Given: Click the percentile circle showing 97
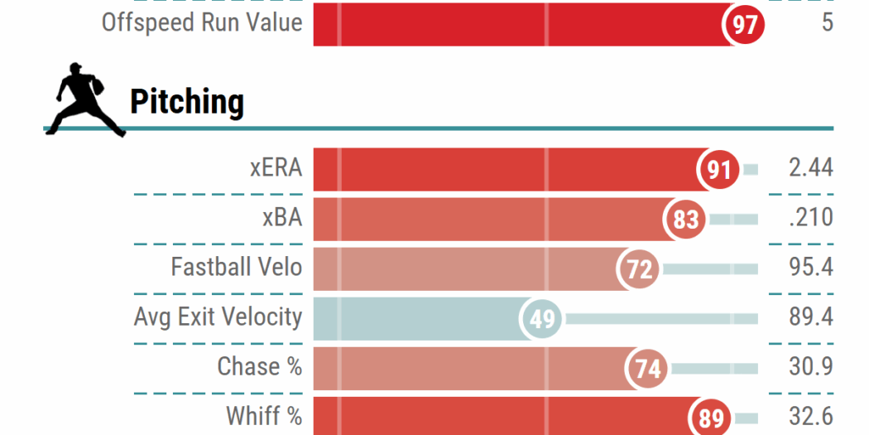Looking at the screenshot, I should (x=744, y=24).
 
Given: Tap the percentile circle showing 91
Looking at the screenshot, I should (x=718, y=169).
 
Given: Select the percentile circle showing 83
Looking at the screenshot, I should (x=685, y=220).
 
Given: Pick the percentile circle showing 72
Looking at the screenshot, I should (x=639, y=268).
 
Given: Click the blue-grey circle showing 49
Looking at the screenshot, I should (x=541, y=318).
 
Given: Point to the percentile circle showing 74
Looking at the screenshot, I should (x=648, y=368).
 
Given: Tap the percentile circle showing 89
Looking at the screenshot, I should (x=711, y=417).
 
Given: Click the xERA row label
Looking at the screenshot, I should (x=276, y=168).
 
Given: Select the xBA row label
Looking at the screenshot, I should (x=281, y=218).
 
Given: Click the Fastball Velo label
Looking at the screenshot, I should (x=236, y=268).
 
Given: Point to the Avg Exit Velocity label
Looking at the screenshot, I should (x=218, y=317).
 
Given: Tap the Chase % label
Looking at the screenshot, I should (x=259, y=367).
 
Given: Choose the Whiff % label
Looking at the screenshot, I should (x=263, y=416).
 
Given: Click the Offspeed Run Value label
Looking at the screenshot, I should (x=202, y=22).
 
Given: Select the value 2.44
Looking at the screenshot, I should (x=810, y=168).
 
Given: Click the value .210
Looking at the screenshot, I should (x=810, y=218).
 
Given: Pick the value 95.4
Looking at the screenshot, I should (x=810, y=268).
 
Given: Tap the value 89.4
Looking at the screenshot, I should (x=810, y=317).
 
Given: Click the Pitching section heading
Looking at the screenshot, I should (x=187, y=102).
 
